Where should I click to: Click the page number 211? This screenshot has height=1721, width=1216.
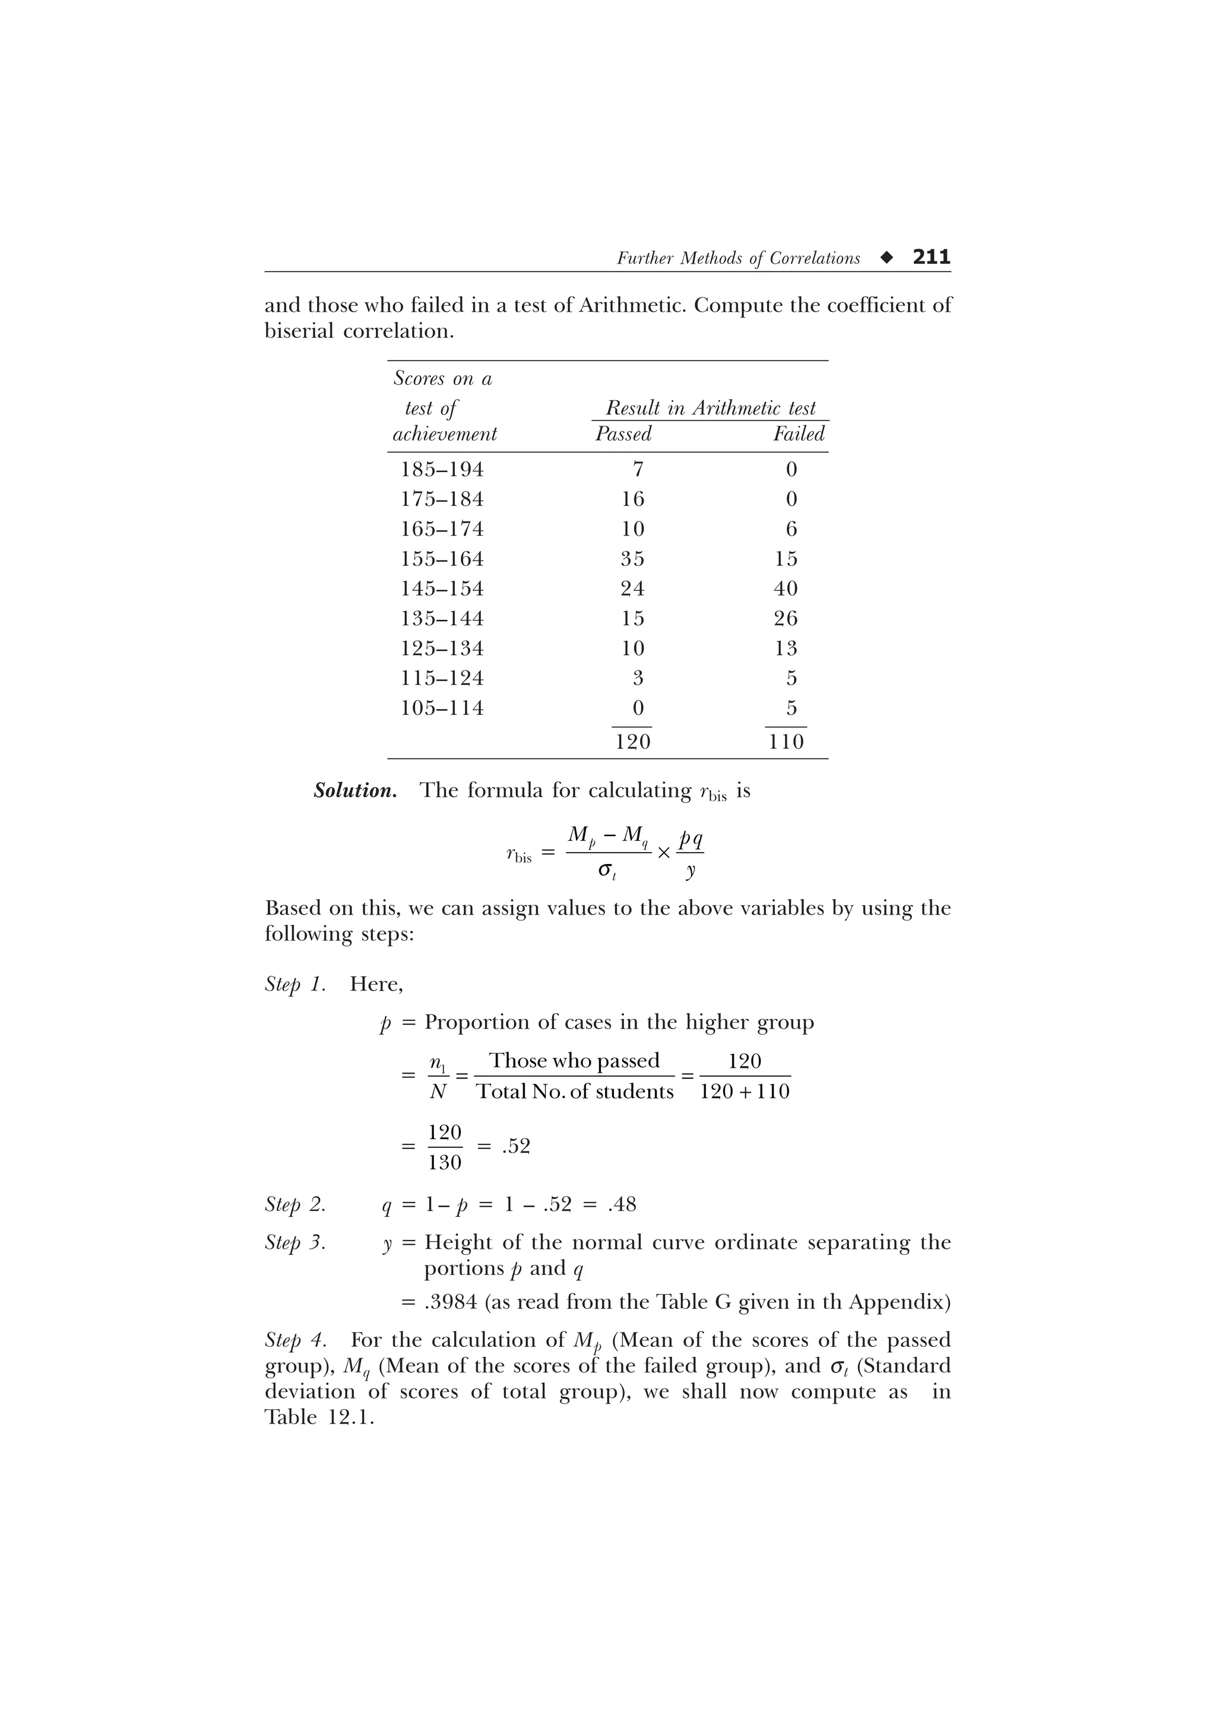tap(930, 257)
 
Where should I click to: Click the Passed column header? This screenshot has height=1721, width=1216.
tap(623, 434)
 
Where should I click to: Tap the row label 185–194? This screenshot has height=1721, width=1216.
tap(442, 470)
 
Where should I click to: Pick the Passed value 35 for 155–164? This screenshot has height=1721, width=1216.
tap(632, 559)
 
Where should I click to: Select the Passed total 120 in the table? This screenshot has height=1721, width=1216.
tap(632, 742)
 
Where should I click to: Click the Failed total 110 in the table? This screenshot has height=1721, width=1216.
tap(785, 742)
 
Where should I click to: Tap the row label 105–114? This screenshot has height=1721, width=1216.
tap(442, 708)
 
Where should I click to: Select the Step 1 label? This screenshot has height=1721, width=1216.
tap(295, 984)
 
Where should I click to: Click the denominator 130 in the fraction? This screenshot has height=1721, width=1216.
tap(445, 1163)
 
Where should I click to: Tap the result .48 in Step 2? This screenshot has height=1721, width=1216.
tap(623, 1204)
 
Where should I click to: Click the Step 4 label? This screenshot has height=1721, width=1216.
tap(295, 1340)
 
